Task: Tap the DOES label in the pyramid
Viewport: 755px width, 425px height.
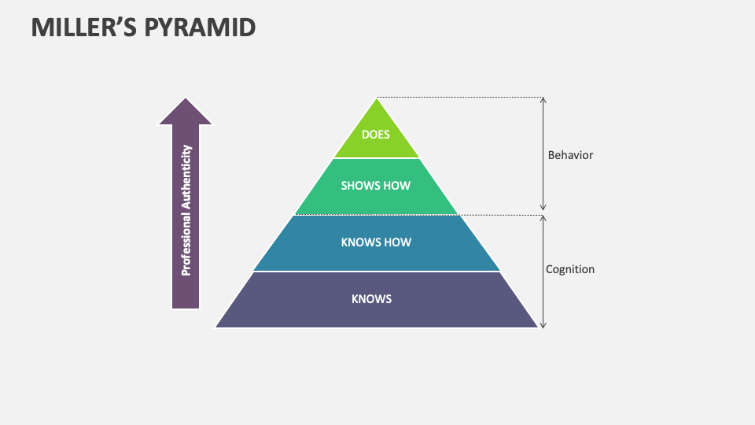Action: click(x=376, y=135)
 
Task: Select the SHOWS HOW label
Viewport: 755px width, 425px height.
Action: click(x=376, y=186)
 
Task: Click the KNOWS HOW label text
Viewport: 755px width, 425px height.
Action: click(x=376, y=242)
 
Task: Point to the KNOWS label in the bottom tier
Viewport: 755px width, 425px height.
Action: click(x=371, y=299)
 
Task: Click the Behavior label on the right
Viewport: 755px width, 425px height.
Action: click(x=570, y=155)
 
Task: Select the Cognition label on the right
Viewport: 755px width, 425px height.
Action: click(x=570, y=269)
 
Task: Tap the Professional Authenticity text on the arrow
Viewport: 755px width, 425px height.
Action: click(x=186, y=209)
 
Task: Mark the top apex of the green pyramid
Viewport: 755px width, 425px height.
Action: click(x=377, y=99)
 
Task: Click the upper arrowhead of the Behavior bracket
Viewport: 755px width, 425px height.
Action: click(x=543, y=100)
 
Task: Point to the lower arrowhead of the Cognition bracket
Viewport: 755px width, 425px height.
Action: click(x=543, y=324)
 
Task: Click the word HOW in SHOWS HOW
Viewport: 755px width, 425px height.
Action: click(x=397, y=186)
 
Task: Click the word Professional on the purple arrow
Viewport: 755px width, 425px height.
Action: click(x=186, y=244)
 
